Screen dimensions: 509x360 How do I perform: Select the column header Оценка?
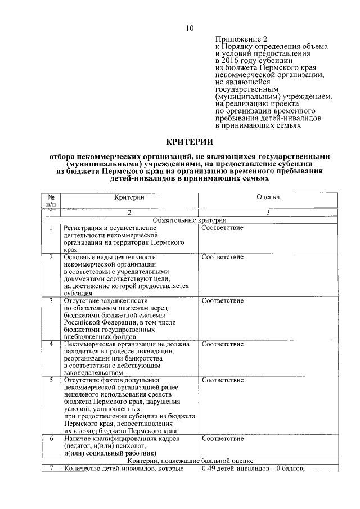click(x=268, y=197)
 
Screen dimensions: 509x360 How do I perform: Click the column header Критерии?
click(x=129, y=197)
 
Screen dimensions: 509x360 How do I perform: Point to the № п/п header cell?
click(x=51, y=201)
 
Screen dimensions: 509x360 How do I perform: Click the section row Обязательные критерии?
click(x=190, y=220)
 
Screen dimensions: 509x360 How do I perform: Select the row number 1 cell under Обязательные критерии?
click(x=51, y=228)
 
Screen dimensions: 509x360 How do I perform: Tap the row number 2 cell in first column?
click(x=51, y=257)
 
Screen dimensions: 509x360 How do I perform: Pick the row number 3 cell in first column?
click(x=51, y=301)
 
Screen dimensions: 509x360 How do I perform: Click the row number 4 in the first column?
click(x=51, y=344)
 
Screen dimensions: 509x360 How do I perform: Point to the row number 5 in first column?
click(x=51, y=380)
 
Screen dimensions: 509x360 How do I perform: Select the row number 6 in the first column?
click(x=51, y=438)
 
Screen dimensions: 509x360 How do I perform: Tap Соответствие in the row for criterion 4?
click(x=223, y=344)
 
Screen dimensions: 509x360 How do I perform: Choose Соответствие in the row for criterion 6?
click(x=223, y=438)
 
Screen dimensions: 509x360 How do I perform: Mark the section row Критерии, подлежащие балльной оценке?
click(x=190, y=460)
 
